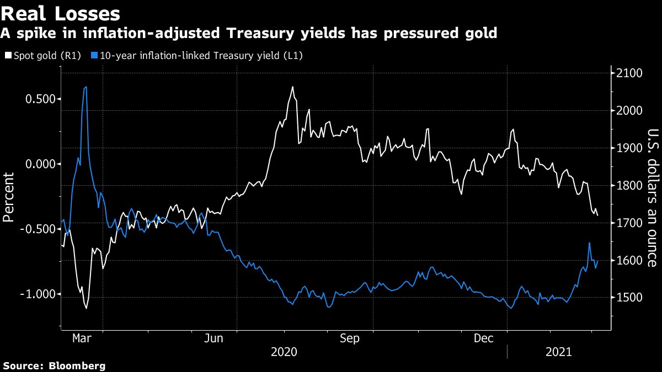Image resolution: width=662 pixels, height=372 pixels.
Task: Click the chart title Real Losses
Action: [x=61, y=13]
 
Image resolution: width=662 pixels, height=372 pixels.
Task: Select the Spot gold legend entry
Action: [x=44, y=55]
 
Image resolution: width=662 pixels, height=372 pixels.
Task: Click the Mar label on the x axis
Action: [x=82, y=338]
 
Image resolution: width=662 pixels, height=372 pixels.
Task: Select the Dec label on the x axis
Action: [x=483, y=338]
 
